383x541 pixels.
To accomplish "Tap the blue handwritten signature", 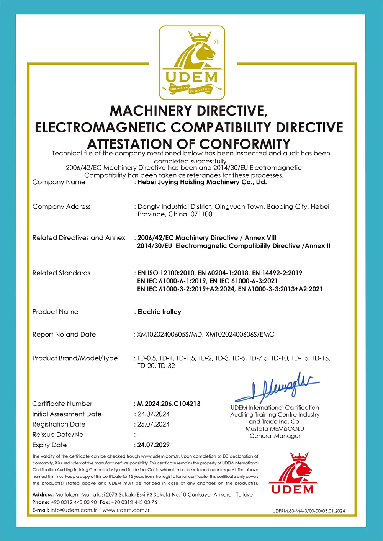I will pyautogui.click(x=278, y=387).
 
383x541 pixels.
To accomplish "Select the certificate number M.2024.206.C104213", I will pyautogui.click(x=169, y=404).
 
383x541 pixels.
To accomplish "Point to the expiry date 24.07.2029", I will pyautogui.click(x=154, y=445).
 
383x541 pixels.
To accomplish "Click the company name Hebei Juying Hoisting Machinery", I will pyautogui.click(x=202, y=182).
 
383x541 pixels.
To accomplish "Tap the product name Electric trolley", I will pyautogui.click(x=159, y=312).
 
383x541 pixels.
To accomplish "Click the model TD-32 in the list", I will pyautogui.click(x=167, y=366).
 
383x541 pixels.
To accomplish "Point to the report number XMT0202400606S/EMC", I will pyautogui.click(x=240, y=334).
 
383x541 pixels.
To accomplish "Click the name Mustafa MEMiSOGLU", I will pyautogui.click(x=275, y=429).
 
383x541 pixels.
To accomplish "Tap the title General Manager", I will pyautogui.click(x=275, y=436).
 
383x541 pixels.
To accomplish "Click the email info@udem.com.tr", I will pyautogui.click(x=74, y=510).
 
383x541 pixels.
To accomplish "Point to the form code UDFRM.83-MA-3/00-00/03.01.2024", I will pyautogui.click(x=309, y=511).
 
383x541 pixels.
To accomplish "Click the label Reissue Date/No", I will pyautogui.click(x=58, y=435).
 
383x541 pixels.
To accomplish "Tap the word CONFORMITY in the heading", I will pyautogui.click(x=245, y=144).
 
